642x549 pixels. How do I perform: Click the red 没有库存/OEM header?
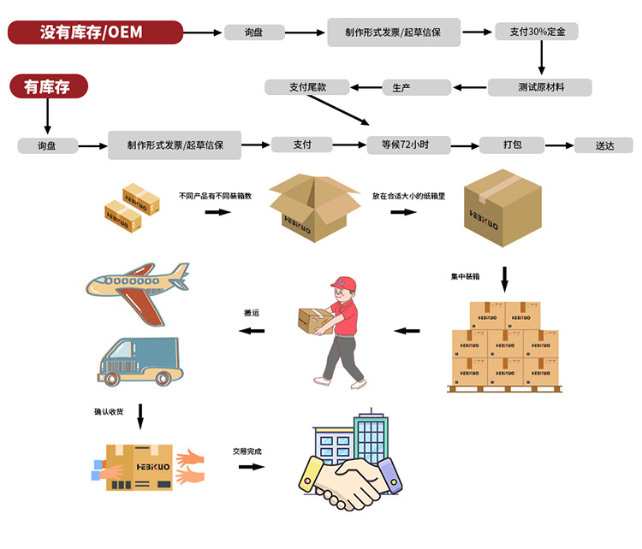tap(95, 32)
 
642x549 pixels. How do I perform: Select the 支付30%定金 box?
tap(536, 32)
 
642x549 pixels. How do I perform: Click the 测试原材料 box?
tap(539, 87)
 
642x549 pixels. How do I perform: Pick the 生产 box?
tap(416, 87)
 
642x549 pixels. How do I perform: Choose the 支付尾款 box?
tap(307, 87)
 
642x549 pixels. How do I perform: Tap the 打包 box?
tap(512, 145)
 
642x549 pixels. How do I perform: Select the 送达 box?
tap(604, 145)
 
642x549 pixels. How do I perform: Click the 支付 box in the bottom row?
tap(301, 145)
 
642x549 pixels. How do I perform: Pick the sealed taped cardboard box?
tap(502, 206)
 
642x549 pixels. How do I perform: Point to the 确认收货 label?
tap(109, 411)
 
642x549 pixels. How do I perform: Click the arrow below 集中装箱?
tap(504, 279)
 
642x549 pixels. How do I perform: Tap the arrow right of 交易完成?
tap(251, 467)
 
